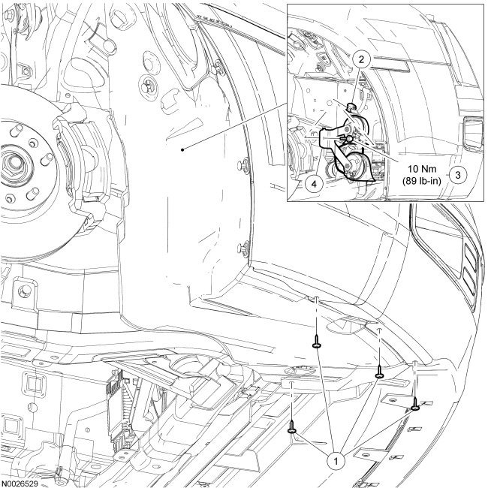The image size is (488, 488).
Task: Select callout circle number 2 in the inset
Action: click(x=361, y=59)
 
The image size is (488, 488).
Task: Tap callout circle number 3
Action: click(x=460, y=172)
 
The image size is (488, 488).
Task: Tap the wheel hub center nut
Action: click(x=14, y=161)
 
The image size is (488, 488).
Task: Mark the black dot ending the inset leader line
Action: click(x=183, y=149)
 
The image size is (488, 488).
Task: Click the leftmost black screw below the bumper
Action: click(x=291, y=427)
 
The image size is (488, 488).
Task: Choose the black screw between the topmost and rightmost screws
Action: click(x=381, y=372)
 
